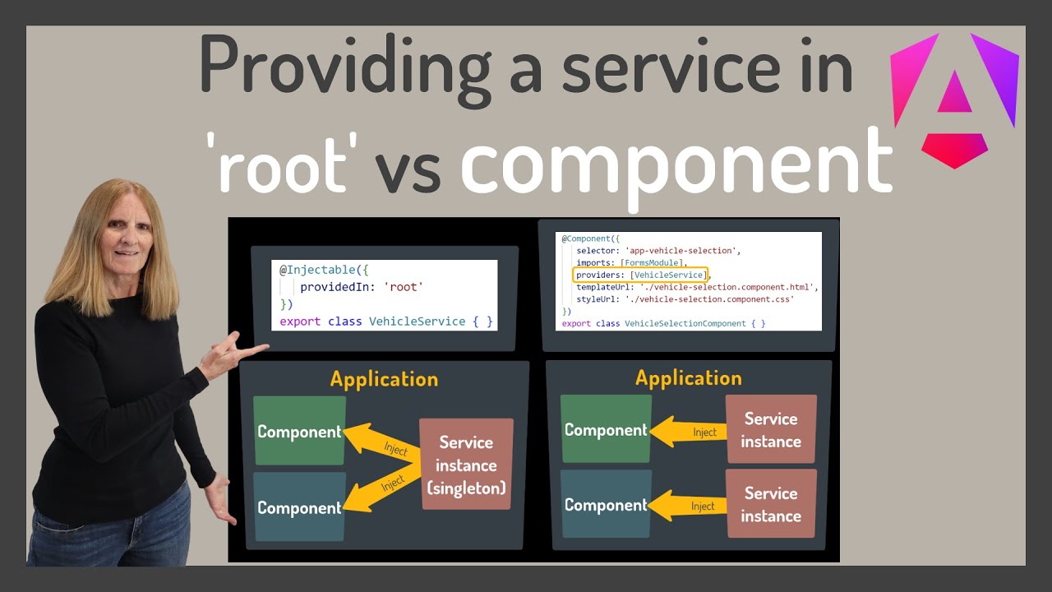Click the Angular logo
[x=954, y=99]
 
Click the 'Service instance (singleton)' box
[x=466, y=465]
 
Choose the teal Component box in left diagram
[x=299, y=507]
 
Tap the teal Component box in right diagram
[x=606, y=505]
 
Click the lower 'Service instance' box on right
[x=771, y=504]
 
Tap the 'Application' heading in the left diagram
[x=384, y=379]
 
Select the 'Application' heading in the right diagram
[x=688, y=378]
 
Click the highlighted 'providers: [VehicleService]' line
[x=640, y=275]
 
